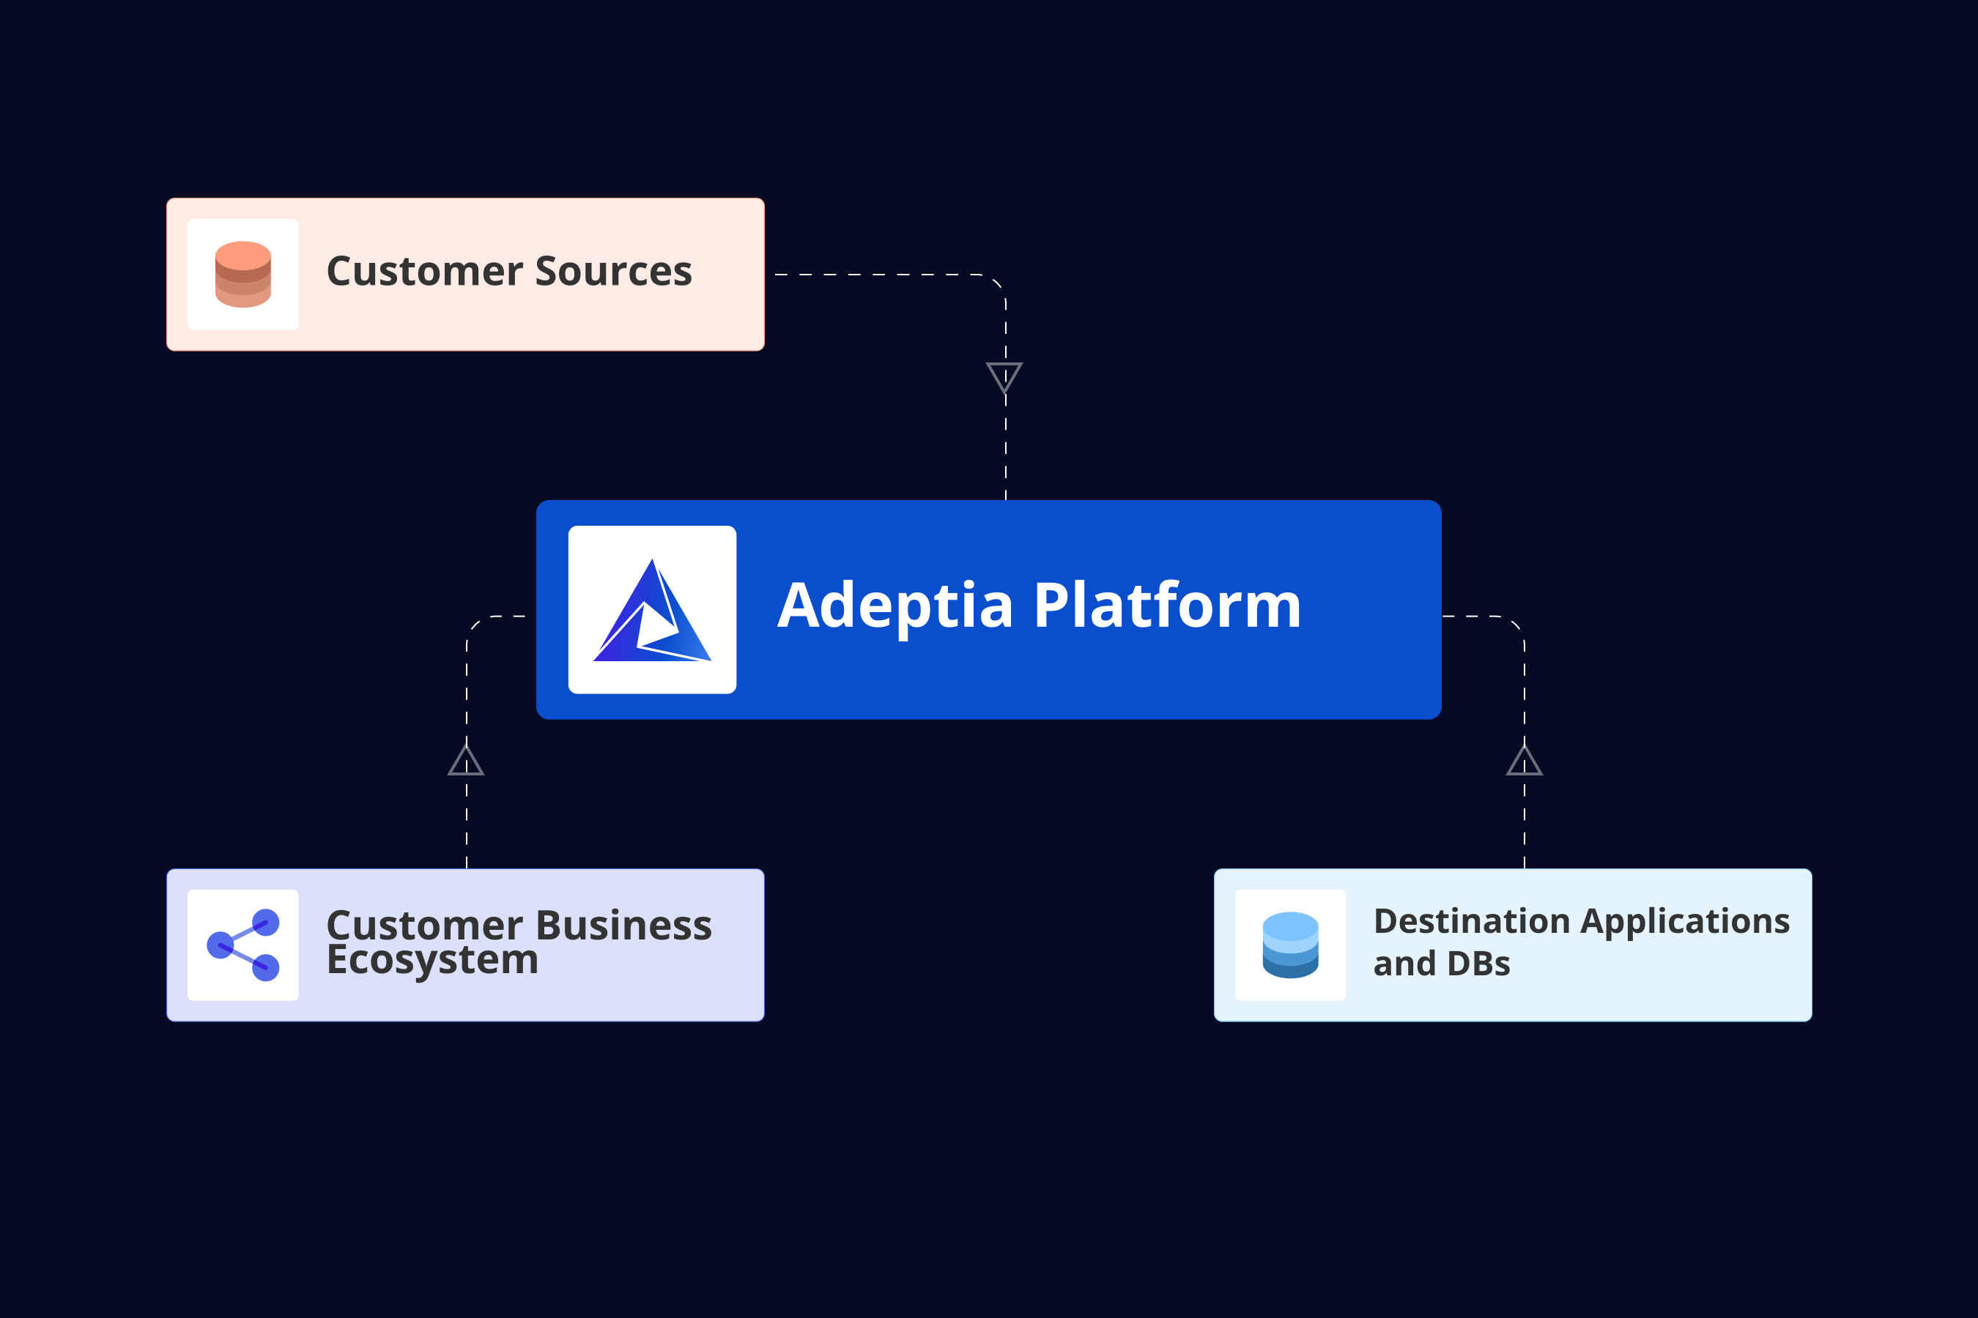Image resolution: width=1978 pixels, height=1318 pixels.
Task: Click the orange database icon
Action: (243, 274)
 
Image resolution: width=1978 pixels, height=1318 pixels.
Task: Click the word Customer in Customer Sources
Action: (425, 272)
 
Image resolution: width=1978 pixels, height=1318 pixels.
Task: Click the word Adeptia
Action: (896, 607)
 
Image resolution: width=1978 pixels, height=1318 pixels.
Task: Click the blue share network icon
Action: (243, 945)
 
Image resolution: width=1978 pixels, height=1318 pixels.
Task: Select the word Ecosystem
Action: (432, 961)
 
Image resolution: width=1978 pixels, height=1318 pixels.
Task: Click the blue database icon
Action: (1290, 945)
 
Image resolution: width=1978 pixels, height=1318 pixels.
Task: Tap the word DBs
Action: (1478, 964)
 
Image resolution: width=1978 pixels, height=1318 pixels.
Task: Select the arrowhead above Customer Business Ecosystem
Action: (466, 760)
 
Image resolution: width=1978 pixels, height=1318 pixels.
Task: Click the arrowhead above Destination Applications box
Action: (1524, 760)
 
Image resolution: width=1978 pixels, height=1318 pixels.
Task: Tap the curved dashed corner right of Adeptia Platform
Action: (1516, 625)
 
